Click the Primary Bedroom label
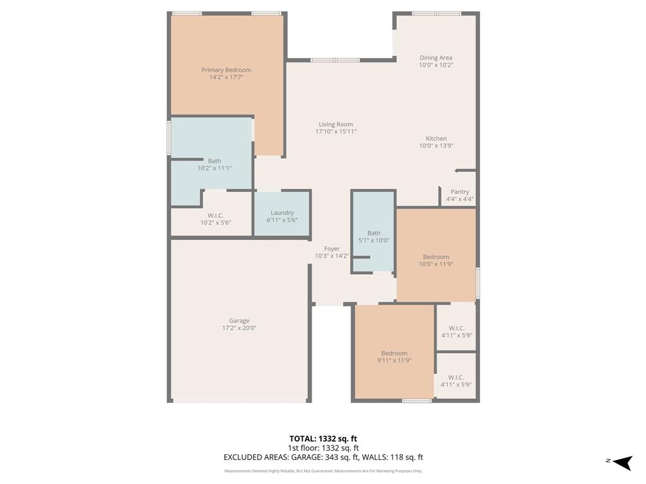pos(226,70)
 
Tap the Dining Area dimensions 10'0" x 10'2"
pos(436,65)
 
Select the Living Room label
pos(336,124)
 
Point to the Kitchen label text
pos(436,139)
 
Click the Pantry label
pos(459,192)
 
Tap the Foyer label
pos(332,249)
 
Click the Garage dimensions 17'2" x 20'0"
pos(239,328)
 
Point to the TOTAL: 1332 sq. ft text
pos(323,439)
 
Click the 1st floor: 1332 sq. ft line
pos(323,448)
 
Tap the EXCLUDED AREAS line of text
pos(323,458)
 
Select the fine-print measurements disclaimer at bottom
pos(323,471)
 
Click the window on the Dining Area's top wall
pos(437,13)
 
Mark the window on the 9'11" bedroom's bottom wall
pos(417,401)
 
